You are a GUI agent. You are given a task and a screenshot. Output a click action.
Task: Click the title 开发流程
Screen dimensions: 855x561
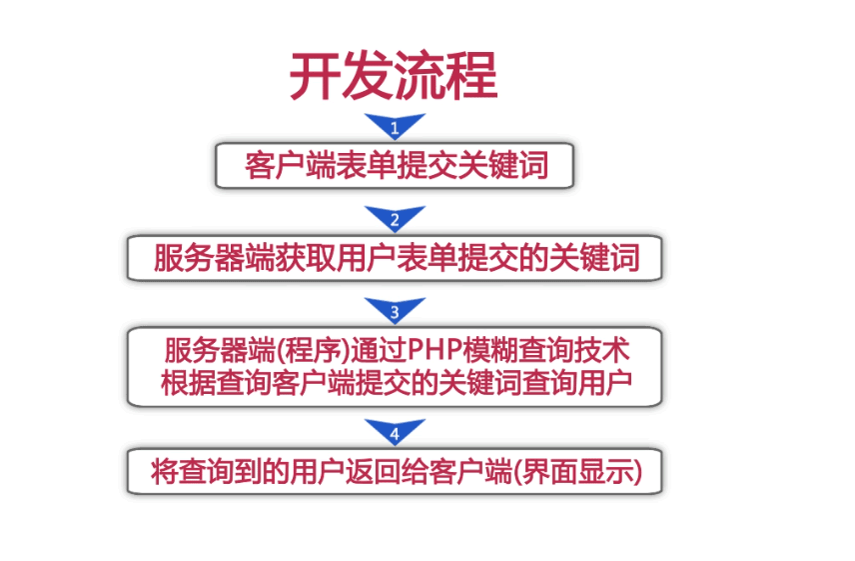click(394, 75)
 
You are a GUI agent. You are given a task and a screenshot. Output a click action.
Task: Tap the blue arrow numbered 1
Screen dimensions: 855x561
click(395, 126)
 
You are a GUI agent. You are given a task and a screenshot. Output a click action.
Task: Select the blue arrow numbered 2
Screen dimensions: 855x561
click(395, 218)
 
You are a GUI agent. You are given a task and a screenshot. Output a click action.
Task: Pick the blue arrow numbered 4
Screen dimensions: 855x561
click(395, 432)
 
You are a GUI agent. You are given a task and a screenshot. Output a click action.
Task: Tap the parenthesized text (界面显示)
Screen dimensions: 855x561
click(577, 472)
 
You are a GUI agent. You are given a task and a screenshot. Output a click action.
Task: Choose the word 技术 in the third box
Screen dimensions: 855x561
click(602, 350)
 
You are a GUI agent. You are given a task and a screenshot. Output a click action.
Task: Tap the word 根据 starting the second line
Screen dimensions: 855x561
click(189, 383)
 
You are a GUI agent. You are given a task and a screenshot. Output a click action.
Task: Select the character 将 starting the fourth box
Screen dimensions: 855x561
click(164, 472)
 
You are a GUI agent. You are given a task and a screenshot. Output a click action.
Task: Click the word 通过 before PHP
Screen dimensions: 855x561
click(379, 350)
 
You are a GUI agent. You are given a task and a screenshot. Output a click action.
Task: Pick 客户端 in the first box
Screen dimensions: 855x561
click(290, 165)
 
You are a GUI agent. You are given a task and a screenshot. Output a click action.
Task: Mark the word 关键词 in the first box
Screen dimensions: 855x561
click(502, 165)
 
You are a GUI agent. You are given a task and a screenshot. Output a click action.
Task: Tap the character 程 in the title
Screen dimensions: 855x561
click(472, 75)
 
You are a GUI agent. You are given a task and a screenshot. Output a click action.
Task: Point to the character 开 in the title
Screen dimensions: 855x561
click(315, 75)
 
